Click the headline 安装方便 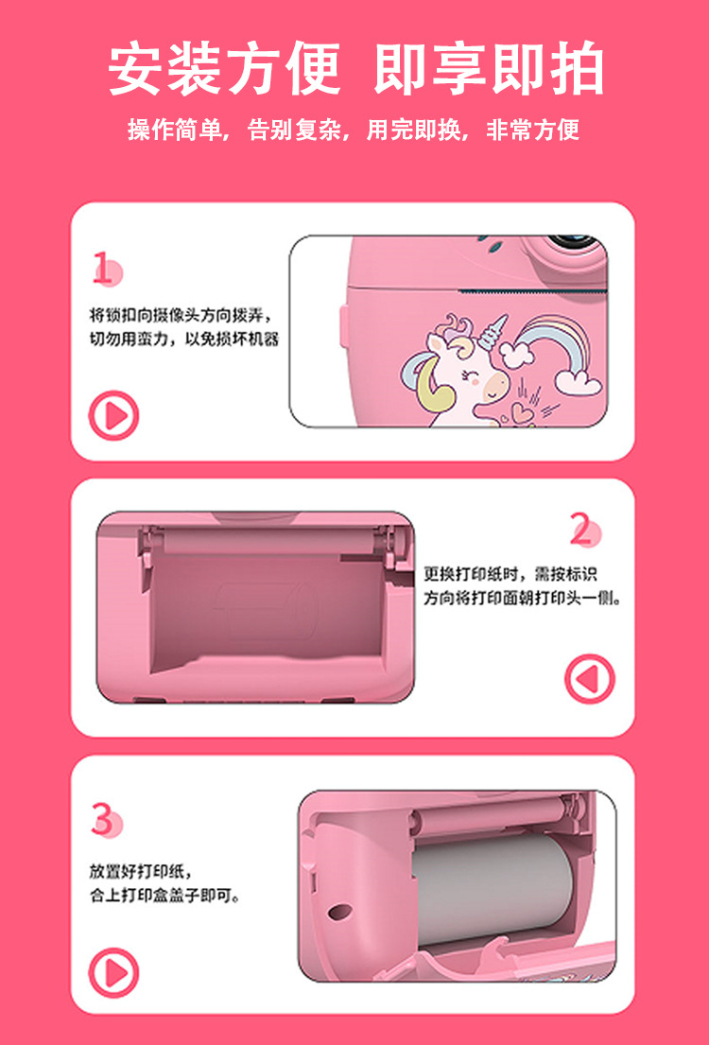click(225, 69)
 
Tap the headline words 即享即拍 click(489, 69)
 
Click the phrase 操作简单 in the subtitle click(175, 130)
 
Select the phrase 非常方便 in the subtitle click(532, 130)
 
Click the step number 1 click(103, 269)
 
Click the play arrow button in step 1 click(114, 415)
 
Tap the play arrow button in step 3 click(114, 973)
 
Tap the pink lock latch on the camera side click(344, 325)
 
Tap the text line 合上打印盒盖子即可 click(164, 895)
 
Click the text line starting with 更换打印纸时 click(510, 573)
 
